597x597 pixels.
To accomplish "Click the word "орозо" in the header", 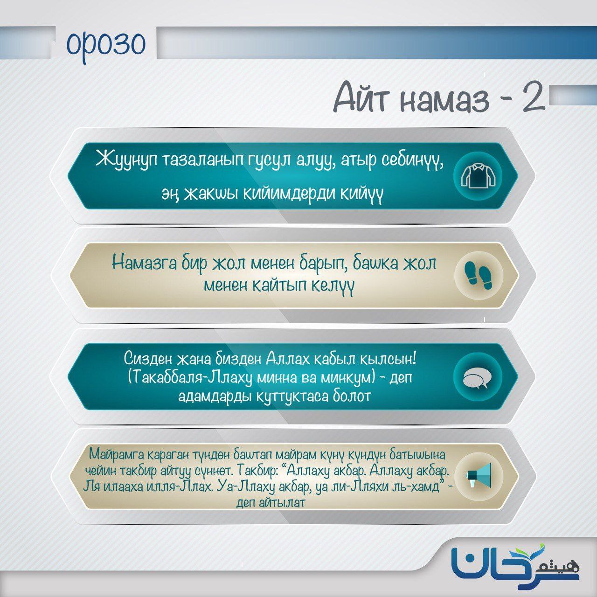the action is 106,44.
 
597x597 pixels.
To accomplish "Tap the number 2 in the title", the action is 534,99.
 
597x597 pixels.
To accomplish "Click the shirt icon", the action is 478,176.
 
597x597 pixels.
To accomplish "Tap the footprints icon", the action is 479,276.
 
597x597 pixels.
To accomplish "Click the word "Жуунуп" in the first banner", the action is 126,159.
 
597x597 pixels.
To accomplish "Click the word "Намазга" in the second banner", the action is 144,264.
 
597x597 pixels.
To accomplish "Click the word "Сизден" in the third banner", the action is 148,359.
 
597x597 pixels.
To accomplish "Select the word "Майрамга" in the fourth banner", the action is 117,454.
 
